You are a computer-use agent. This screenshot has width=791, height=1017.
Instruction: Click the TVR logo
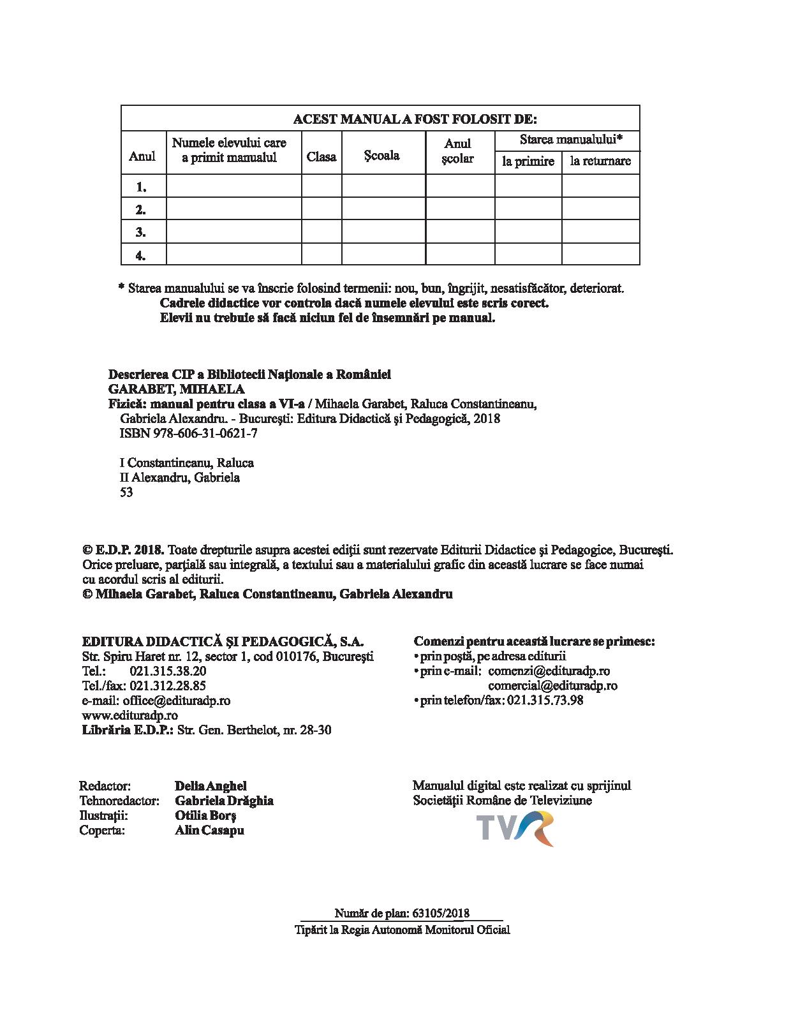click(516, 828)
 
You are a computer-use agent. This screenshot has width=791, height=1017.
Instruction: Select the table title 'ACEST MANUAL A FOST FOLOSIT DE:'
click(415, 119)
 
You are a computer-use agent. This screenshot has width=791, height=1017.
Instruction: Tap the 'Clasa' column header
click(322, 156)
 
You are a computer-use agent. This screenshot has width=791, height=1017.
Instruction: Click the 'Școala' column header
click(382, 156)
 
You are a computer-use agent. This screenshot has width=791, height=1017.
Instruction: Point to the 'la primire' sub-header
click(528, 161)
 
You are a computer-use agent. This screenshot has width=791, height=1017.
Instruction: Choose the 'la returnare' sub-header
click(600, 161)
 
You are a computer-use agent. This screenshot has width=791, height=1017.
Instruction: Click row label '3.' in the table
click(141, 232)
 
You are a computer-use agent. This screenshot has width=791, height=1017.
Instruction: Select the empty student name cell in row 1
click(233, 186)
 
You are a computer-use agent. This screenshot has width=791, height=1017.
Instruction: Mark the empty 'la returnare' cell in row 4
click(600, 255)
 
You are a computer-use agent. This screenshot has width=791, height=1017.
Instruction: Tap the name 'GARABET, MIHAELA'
click(177, 389)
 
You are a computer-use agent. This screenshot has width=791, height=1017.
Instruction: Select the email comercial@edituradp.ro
click(552, 686)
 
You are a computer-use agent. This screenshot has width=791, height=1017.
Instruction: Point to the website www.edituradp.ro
click(130, 715)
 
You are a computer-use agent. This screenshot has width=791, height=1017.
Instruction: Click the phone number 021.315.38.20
click(168, 671)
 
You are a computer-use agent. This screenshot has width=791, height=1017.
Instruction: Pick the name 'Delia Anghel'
click(211, 786)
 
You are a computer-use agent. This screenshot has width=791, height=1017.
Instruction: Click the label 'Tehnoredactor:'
click(119, 801)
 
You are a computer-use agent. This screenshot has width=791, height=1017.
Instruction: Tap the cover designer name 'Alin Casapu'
click(209, 830)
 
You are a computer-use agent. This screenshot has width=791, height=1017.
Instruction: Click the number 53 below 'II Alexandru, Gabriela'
click(126, 492)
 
